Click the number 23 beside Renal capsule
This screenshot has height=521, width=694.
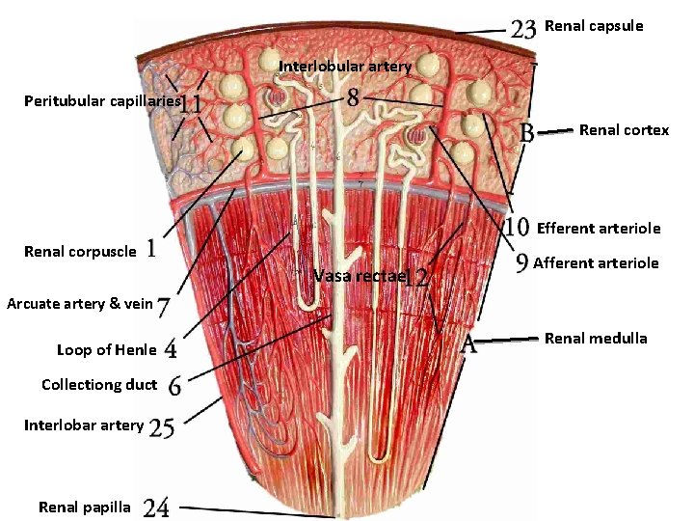pyautogui.click(x=523, y=28)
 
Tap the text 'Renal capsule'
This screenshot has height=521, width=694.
pyautogui.click(x=594, y=26)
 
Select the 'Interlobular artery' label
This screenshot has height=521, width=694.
pyautogui.click(x=345, y=67)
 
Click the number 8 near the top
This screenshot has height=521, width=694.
pyautogui.click(x=354, y=97)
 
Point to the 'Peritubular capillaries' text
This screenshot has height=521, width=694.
pyautogui.click(x=103, y=100)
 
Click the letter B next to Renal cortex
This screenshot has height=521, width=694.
pyautogui.click(x=527, y=131)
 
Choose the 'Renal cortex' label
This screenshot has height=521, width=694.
pyautogui.click(x=624, y=130)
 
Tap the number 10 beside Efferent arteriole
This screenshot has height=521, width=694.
pyautogui.click(x=519, y=229)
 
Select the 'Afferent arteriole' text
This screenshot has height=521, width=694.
pyautogui.click(x=596, y=262)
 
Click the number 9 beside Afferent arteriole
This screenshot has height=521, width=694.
pyautogui.click(x=521, y=262)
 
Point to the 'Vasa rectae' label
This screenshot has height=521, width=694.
pyautogui.click(x=359, y=277)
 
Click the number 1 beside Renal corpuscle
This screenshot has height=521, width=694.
pyautogui.click(x=151, y=250)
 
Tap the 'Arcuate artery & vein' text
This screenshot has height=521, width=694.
pyautogui.click(x=80, y=304)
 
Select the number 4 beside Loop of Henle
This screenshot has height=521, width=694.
pyautogui.click(x=171, y=347)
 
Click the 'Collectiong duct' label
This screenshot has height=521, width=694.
pyautogui.click(x=99, y=385)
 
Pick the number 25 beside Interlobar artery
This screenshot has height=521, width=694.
pyautogui.click(x=162, y=426)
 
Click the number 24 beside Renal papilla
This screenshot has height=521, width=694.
pyautogui.click(x=156, y=507)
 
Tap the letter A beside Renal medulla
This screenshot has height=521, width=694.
pyautogui.click(x=469, y=345)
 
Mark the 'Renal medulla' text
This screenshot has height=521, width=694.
pyautogui.click(x=596, y=338)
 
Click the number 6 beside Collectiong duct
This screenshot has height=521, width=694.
pyautogui.click(x=174, y=386)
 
